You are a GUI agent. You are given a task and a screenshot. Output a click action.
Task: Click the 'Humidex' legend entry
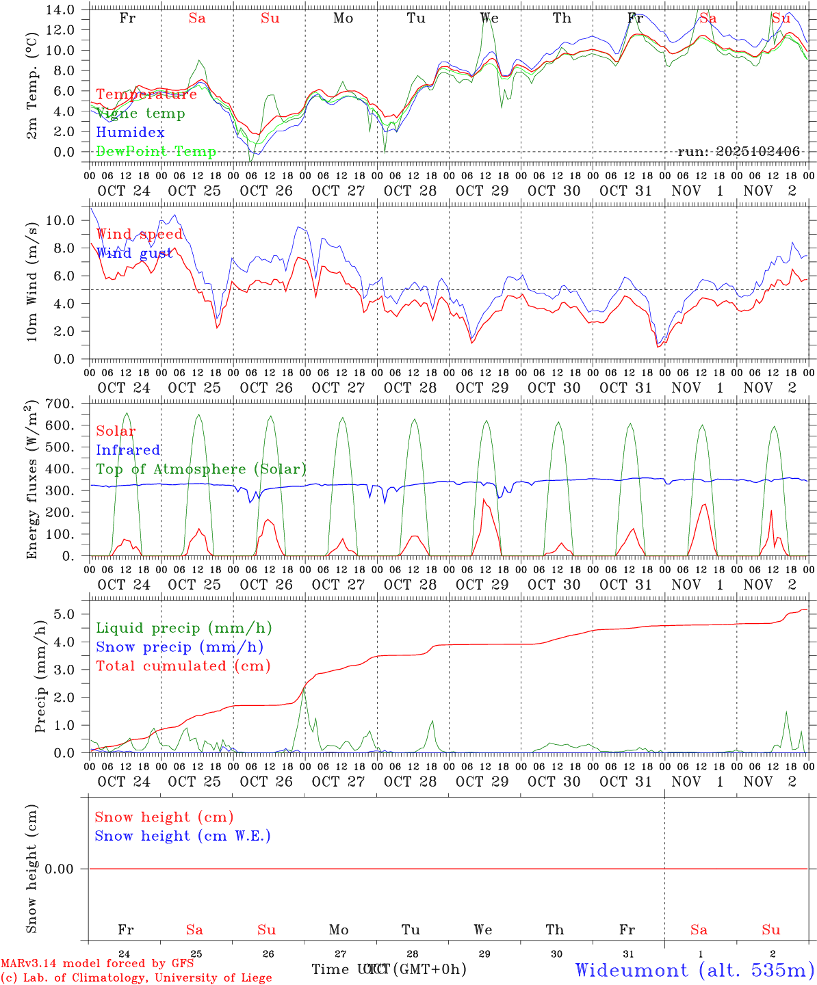coord(130,133)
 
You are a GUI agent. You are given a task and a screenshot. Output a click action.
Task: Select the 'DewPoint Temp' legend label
coord(156,151)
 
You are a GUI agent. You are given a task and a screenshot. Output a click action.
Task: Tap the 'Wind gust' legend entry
coord(134,253)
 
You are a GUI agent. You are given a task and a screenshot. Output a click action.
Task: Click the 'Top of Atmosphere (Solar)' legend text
coord(201,469)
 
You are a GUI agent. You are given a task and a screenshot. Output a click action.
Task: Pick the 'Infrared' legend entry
coord(128,450)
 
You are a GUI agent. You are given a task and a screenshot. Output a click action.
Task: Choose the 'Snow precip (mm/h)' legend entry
coord(179,647)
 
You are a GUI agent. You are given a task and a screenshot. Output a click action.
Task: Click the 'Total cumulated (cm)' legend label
coord(183,666)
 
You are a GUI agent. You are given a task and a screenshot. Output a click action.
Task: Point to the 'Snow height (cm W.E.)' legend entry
coord(183,836)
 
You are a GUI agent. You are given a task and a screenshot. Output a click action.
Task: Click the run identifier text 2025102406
coord(738,151)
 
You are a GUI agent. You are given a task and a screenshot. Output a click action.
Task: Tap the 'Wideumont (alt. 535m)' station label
coord(695,970)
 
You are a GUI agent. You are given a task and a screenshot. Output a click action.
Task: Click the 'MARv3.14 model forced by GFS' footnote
coord(97,964)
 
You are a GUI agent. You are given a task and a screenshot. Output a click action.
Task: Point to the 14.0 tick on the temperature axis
coord(61,10)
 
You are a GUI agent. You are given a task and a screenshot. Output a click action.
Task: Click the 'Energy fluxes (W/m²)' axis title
coord(31,481)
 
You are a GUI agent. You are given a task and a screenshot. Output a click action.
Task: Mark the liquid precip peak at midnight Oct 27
coord(304,691)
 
